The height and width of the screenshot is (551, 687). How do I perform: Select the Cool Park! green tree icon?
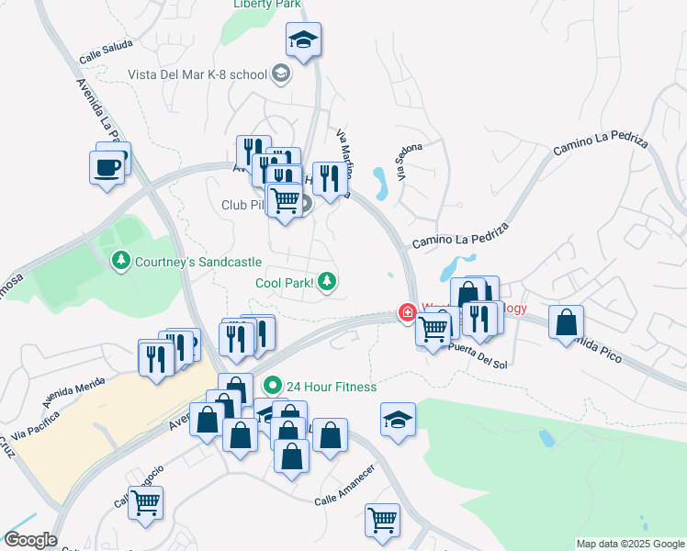(x=328, y=282)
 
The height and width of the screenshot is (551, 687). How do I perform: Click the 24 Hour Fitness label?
(x=331, y=387)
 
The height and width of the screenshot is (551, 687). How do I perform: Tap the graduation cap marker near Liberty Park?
(x=303, y=40)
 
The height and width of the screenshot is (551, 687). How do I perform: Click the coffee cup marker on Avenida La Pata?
(x=107, y=166)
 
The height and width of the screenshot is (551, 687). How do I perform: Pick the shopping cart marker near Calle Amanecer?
(x=382, y=520)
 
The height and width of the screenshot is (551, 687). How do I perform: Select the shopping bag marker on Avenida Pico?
(x=566, y=322)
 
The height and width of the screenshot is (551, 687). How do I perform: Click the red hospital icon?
(x=406, y=312)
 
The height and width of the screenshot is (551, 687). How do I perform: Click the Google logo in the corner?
(x=29, y=540)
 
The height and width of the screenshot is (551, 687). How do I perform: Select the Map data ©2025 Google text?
(x=629, y=544)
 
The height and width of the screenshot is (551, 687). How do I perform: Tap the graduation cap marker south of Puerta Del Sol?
(x=398, y=421)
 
